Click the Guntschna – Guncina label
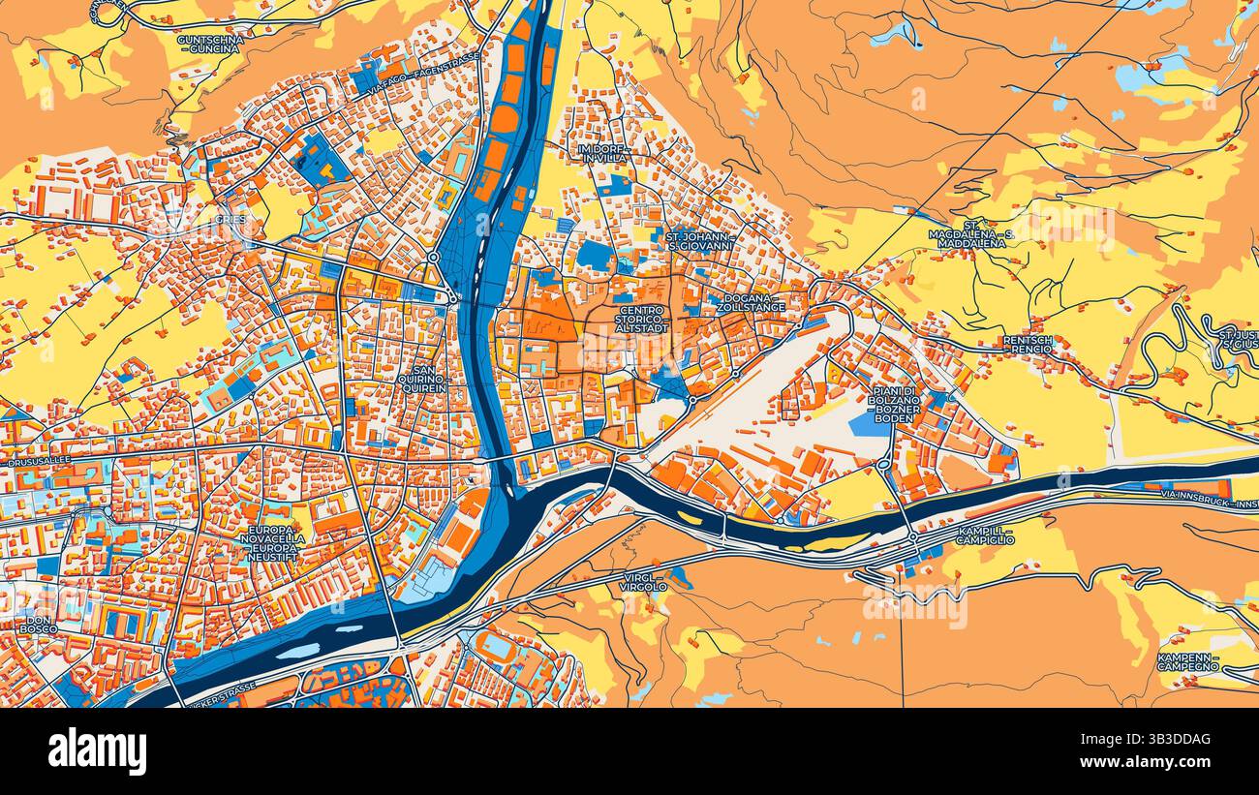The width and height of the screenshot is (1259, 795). (210, 44)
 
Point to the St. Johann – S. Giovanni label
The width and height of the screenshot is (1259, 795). (699, 240)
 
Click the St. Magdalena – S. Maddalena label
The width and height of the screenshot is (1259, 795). (970, 234)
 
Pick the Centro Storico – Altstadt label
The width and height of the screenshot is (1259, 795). (641, 321)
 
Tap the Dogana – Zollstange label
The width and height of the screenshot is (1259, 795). (751, 302)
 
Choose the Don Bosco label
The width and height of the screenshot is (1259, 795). (39, 625)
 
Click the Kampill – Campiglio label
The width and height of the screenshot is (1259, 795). (984, 535)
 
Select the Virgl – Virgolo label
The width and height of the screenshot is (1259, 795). (645, 581)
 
